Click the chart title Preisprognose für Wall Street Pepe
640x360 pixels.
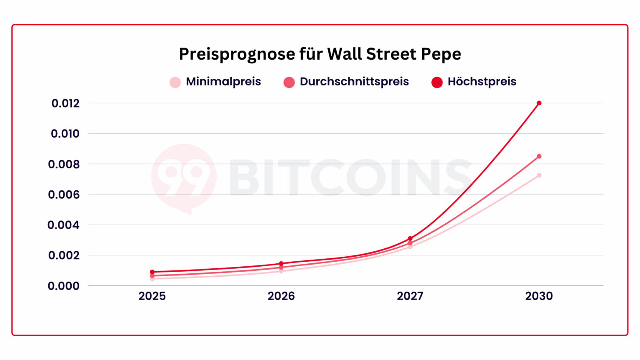point(320,54)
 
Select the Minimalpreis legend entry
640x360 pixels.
point(215,82)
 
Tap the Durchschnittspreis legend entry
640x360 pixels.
point(346,82)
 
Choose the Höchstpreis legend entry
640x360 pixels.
point(474,82)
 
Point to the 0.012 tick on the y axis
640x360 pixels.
point(65,103)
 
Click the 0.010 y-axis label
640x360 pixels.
point(65,134)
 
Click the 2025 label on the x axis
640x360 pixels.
point(152,296)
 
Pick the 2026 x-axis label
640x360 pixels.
point(281,296)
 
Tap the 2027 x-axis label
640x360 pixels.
point(410,296)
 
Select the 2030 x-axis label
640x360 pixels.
point(539,296)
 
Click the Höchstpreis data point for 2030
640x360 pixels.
point(539,103)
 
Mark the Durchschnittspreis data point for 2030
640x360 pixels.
point(539,156)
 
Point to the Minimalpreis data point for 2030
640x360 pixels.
point(539,175)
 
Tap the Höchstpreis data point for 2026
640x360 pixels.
point(281,263)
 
